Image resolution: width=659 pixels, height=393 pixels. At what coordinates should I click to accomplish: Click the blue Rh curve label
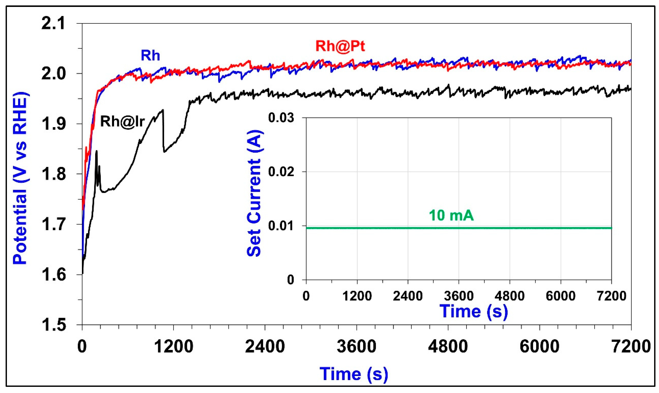pyautogui.click(x=150, y=56)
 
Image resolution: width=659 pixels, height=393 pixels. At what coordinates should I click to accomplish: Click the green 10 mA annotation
pyautogui.click(x=451, y=215)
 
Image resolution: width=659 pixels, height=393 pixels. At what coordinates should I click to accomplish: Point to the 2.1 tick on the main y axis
pyautogui.click(x=53, y=24)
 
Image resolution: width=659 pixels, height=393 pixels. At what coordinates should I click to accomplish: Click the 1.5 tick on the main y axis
pyautogui.click(x=53, y=325)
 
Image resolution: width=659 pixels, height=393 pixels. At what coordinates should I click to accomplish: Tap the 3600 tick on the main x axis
pyautogui.click(x=356, y=346)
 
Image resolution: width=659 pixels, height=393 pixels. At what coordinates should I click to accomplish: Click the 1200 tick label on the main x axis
pyautogui.click(x=174, y=346)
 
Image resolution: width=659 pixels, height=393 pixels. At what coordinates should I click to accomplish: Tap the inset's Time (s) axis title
pyautogui.click(x=473, y=311)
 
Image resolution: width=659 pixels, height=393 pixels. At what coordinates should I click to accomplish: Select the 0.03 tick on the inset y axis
pyautogui.click(x=281, y=117)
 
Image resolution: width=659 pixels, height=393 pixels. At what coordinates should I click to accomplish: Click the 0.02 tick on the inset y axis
pyautogui.click(x=281, y=172)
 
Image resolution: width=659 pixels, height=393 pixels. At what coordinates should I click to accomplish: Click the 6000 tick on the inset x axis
pyautogui.click(x=560, y=296)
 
